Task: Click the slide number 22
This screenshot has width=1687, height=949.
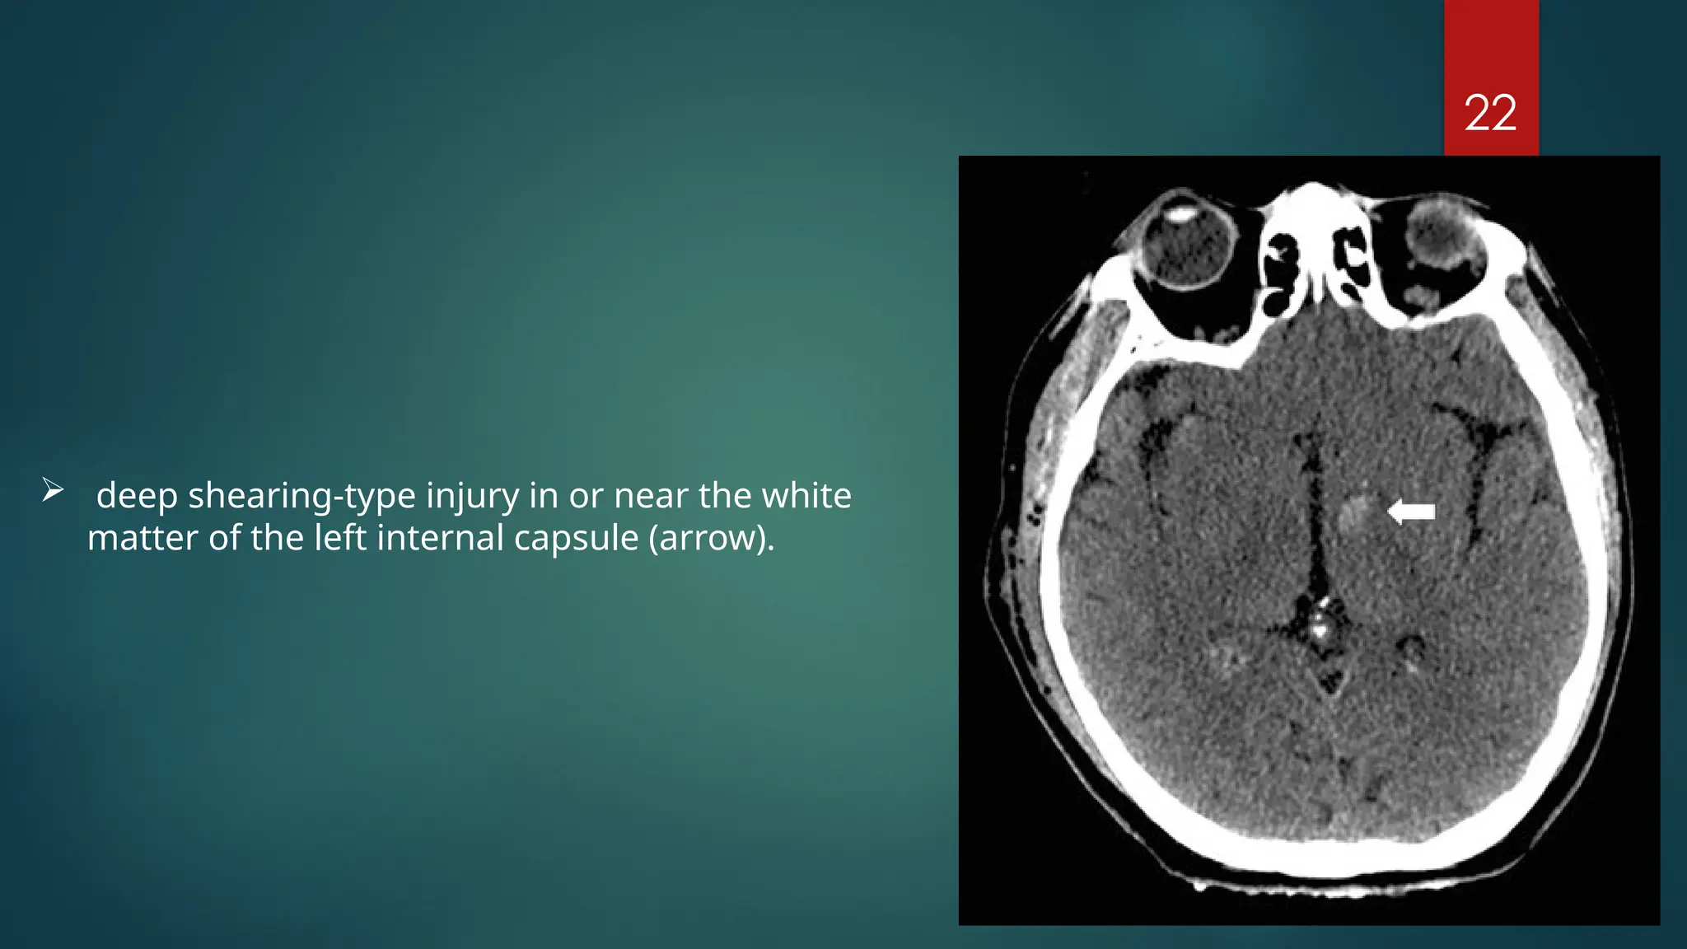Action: pyautogui.click(x=1490, y=113)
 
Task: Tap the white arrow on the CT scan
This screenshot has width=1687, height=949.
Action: pyautogui.click(x=1411, y=512)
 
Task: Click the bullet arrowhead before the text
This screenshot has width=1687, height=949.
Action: pyautogui.click(x=53, y=491)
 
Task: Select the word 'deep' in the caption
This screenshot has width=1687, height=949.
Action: pyautogui.click(x=137, y=496)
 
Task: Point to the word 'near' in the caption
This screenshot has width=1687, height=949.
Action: pyautogui.click(x=651, y=496)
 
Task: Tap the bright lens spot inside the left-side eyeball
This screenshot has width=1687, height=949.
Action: pyautogui.click(x=1181, y=213)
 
